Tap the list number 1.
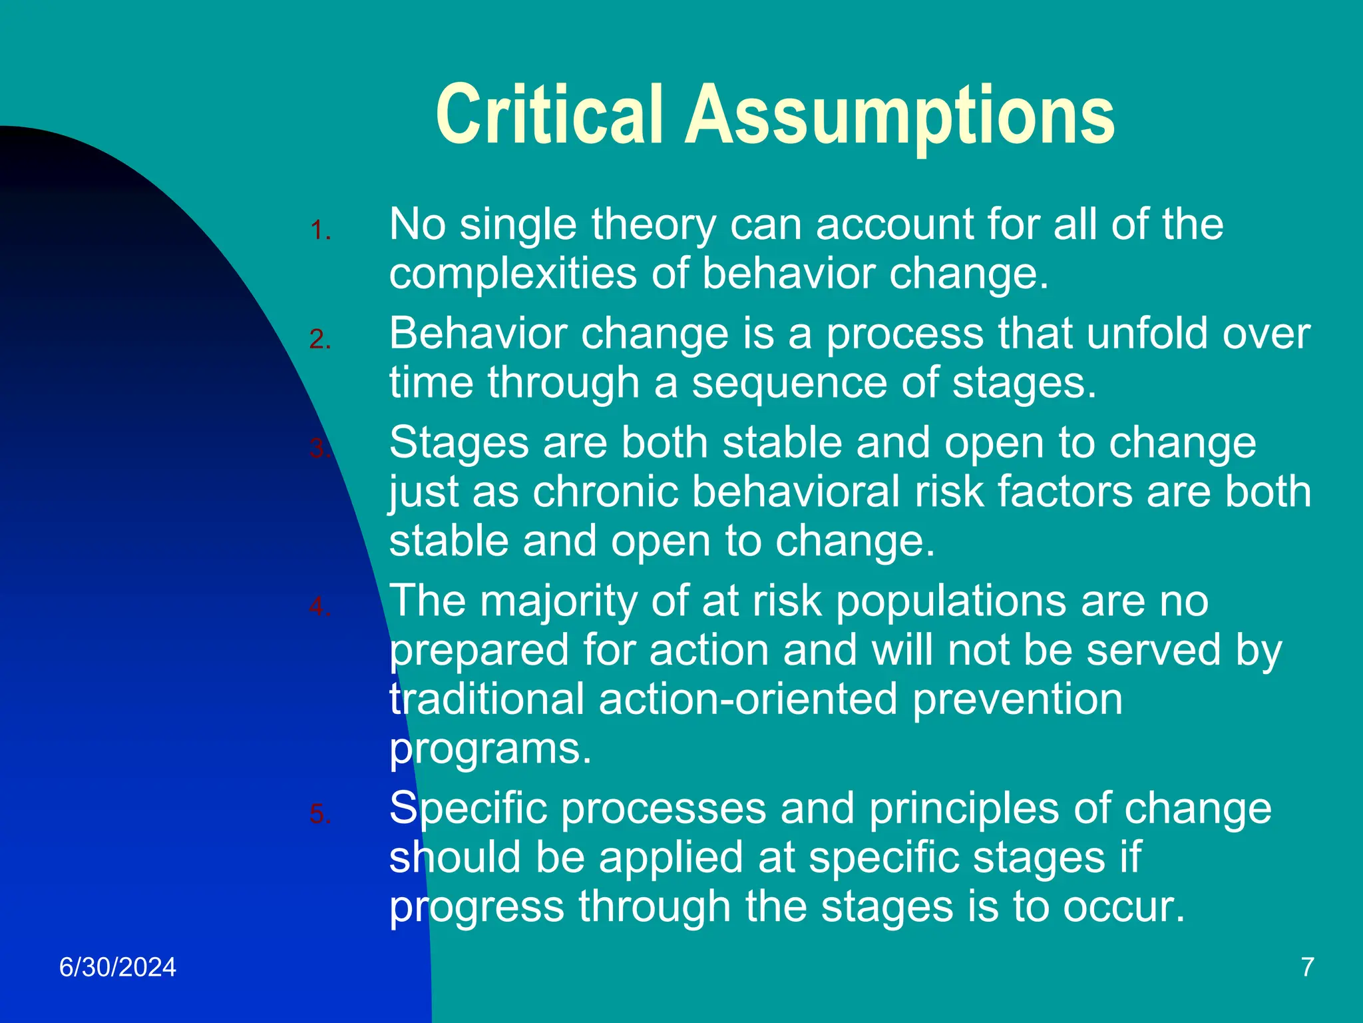click(x=320, y=230)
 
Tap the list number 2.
click(x=320, y=340)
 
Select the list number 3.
click(x=320, y=449)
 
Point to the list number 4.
click(x=320, y=607)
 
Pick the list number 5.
click(x=320, y=814)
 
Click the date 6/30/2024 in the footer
click(x=118, y=967)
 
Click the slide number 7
click(x=1307, y=967)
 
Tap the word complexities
click(x=512, y=274)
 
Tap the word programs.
click(x=490, y=749)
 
